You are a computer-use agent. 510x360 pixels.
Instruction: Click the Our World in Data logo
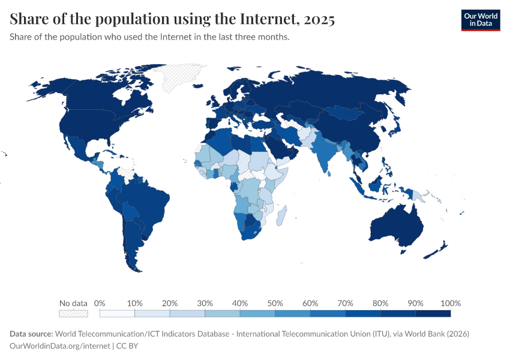[480, 20]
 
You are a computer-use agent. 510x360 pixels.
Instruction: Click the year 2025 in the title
[319, 20]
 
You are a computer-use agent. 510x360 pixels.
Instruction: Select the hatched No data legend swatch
[73, 313]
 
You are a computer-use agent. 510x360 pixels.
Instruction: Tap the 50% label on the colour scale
[275, 303]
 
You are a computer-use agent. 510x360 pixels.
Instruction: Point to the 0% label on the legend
[100, 303]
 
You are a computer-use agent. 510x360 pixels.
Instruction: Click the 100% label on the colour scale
[450, 303]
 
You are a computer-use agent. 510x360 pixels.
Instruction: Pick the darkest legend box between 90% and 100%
[433, 313]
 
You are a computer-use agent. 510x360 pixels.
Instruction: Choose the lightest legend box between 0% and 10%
[117, 313]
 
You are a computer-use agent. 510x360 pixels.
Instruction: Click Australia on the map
[396, 225]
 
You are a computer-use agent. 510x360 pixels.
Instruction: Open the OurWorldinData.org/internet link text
[59, 346]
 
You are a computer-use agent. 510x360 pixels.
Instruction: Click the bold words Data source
[31, 334]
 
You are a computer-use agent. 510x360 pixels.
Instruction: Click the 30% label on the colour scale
[205, 303]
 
